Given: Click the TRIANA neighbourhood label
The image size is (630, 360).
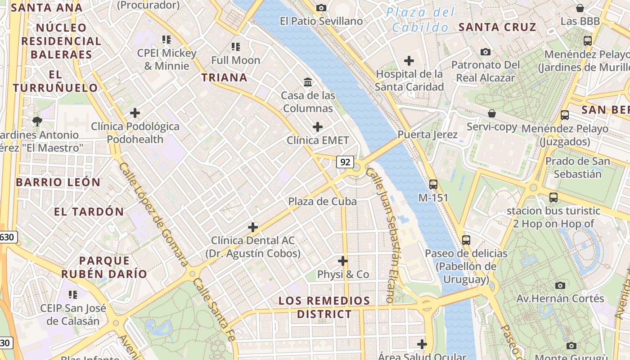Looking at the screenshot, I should click(224, 77).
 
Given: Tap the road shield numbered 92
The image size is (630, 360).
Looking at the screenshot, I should click(345, 162).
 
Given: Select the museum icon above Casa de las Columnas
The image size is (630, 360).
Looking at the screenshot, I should click(308, 82).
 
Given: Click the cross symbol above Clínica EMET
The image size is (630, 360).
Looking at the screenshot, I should click(318, 127).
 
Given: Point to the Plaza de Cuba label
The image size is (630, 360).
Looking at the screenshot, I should click(322, 201).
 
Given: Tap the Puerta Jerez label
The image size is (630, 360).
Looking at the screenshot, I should click(427, 135).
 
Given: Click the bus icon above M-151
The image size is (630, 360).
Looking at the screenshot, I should click(433, 184).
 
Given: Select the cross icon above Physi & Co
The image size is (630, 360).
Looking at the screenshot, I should click(343, 261).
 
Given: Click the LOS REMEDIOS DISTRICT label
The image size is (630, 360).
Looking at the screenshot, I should click(324, 307).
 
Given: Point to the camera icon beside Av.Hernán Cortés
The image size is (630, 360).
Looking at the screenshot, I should click(560, 285).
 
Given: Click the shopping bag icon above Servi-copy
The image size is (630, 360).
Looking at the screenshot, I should click(492, 113).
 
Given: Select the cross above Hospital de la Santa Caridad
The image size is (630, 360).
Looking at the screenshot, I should click(409, 60).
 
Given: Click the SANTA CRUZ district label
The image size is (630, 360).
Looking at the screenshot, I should click(497, 27).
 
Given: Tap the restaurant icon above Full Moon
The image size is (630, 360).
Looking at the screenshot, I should click(235, 46).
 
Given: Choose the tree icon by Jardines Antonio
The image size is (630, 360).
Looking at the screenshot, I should click(37, 121).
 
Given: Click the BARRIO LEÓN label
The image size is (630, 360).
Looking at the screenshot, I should click(58, 182).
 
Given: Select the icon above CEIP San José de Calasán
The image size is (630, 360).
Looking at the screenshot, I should click(72, 295).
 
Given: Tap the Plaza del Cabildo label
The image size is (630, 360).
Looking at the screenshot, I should click(421, 20).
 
